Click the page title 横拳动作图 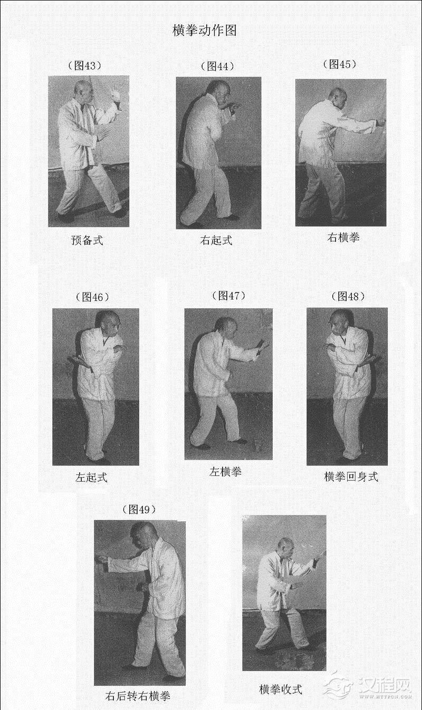click(x=205, y=31)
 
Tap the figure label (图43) click(x=85, y=65)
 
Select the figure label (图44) click(x=218, y=66)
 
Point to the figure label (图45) click(x=340, y=64)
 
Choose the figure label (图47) click(x=229, y=295)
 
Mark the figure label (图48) click(x=348, y=296)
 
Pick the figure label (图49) click(x=139, y=509)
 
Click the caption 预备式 click(x=87, y=240)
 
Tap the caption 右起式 click(x=216, y=240)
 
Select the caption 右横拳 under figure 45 click(x=343, y=237)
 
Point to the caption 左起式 click(x=91, y=477)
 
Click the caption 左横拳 click(x=226, y=471)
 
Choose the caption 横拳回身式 click(x=351, y=476)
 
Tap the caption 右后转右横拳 click(x=138, y=696)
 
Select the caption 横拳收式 click(x=281, y=689)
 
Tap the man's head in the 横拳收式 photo click(x=285, y=548)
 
